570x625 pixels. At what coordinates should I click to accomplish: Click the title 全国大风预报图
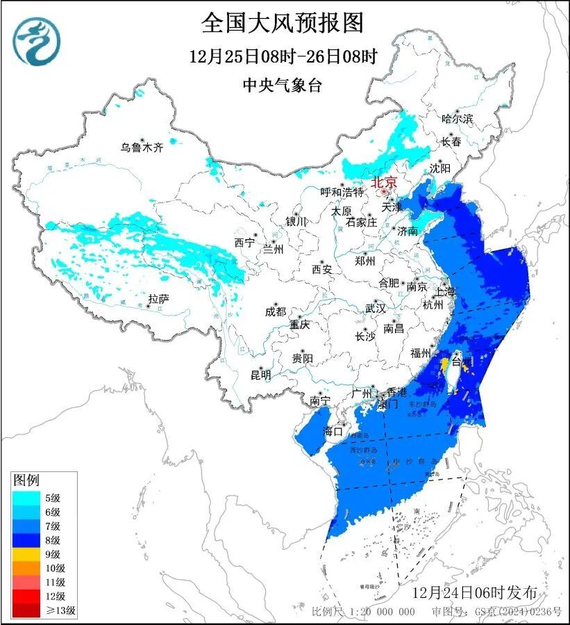pos(283,23)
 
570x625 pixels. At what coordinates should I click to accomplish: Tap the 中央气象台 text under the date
pos(283,86)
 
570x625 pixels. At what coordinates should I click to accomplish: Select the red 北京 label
pos(384,183)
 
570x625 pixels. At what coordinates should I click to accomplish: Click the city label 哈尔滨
pos(457,119)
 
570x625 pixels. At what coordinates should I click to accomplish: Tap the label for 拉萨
pos(158,299)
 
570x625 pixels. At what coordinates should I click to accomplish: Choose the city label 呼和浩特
pos(342,192)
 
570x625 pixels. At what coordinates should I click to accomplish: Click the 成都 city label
pos(275,312)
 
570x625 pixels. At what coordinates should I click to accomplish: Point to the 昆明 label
pos(260,375)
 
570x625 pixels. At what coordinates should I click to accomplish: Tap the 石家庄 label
pos(361,222)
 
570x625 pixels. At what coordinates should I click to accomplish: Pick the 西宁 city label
pos(244,243)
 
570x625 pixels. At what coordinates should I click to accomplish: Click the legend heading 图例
pos(27,480)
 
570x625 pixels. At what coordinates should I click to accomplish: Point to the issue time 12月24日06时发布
pos(474,593)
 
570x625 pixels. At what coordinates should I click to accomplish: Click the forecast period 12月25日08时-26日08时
pos(283,56)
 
